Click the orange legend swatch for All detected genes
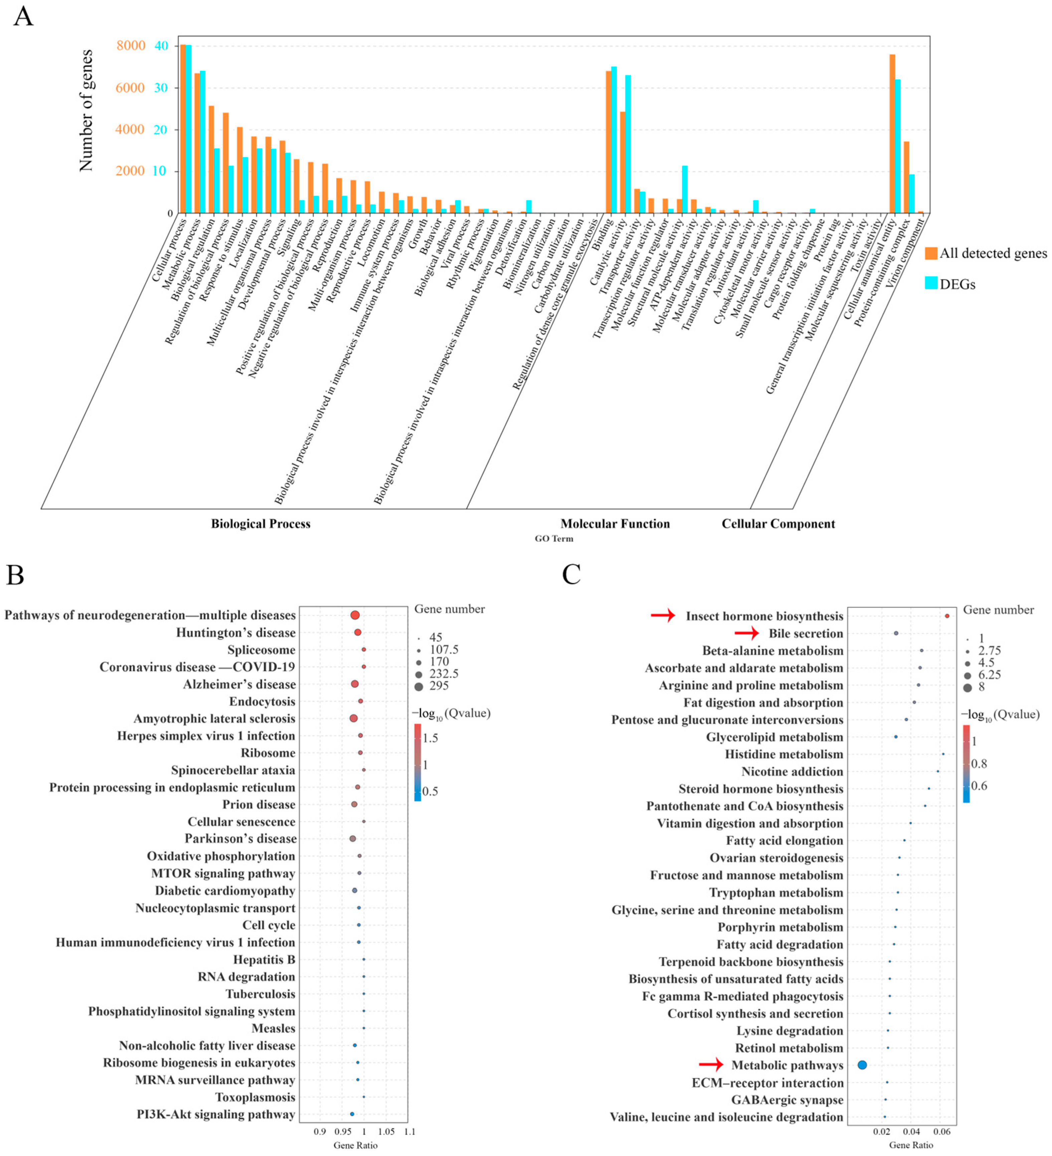[930, 253]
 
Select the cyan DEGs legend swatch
[930, 283]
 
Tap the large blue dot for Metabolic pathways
[862, 1065]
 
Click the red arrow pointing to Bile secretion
[747, 633]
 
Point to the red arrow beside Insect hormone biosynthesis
[663, 615]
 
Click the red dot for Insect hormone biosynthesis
[947, 616]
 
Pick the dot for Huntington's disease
[357, 633]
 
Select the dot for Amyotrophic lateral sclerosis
[353, 718]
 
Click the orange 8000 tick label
[131, 46]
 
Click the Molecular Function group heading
[615, 523]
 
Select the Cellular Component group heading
[778, 523]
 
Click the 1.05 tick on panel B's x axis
[386, 1131]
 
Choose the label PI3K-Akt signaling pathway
[216, 1114]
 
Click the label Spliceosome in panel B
[261, 650]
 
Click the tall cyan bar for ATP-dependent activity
[684, 189]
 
